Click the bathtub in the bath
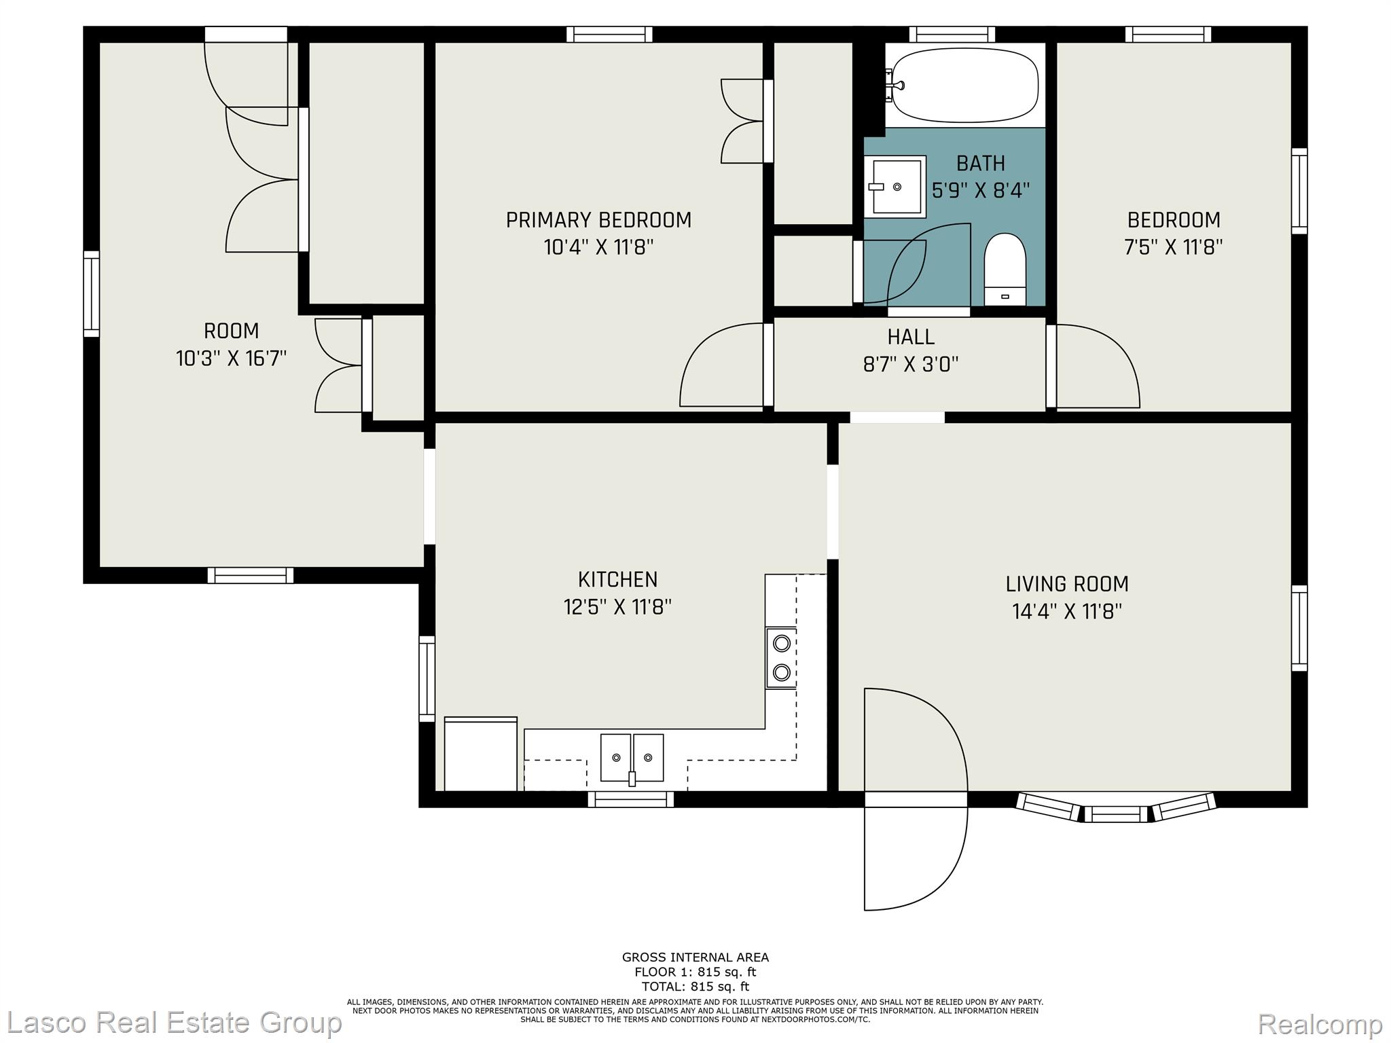[x=964, y=85]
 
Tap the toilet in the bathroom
[x=1005, y=269]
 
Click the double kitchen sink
[x=632, y=758]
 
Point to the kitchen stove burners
[x=781, y=657]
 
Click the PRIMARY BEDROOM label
[x=598, y=220]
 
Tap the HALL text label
[x=911, y=337]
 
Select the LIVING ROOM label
[x=1067, y=584]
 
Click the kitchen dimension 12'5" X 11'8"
[x=617, y=606]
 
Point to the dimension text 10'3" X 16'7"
[x=231, y=358]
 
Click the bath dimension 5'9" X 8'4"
[x=981, y=190]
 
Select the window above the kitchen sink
[x=630, y=799]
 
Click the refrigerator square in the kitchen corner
[x=480, y=754]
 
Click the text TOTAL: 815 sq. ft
[x=695, y=987]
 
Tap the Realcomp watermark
[x=1320, y=1023]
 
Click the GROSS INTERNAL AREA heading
[x=695, y=957]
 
